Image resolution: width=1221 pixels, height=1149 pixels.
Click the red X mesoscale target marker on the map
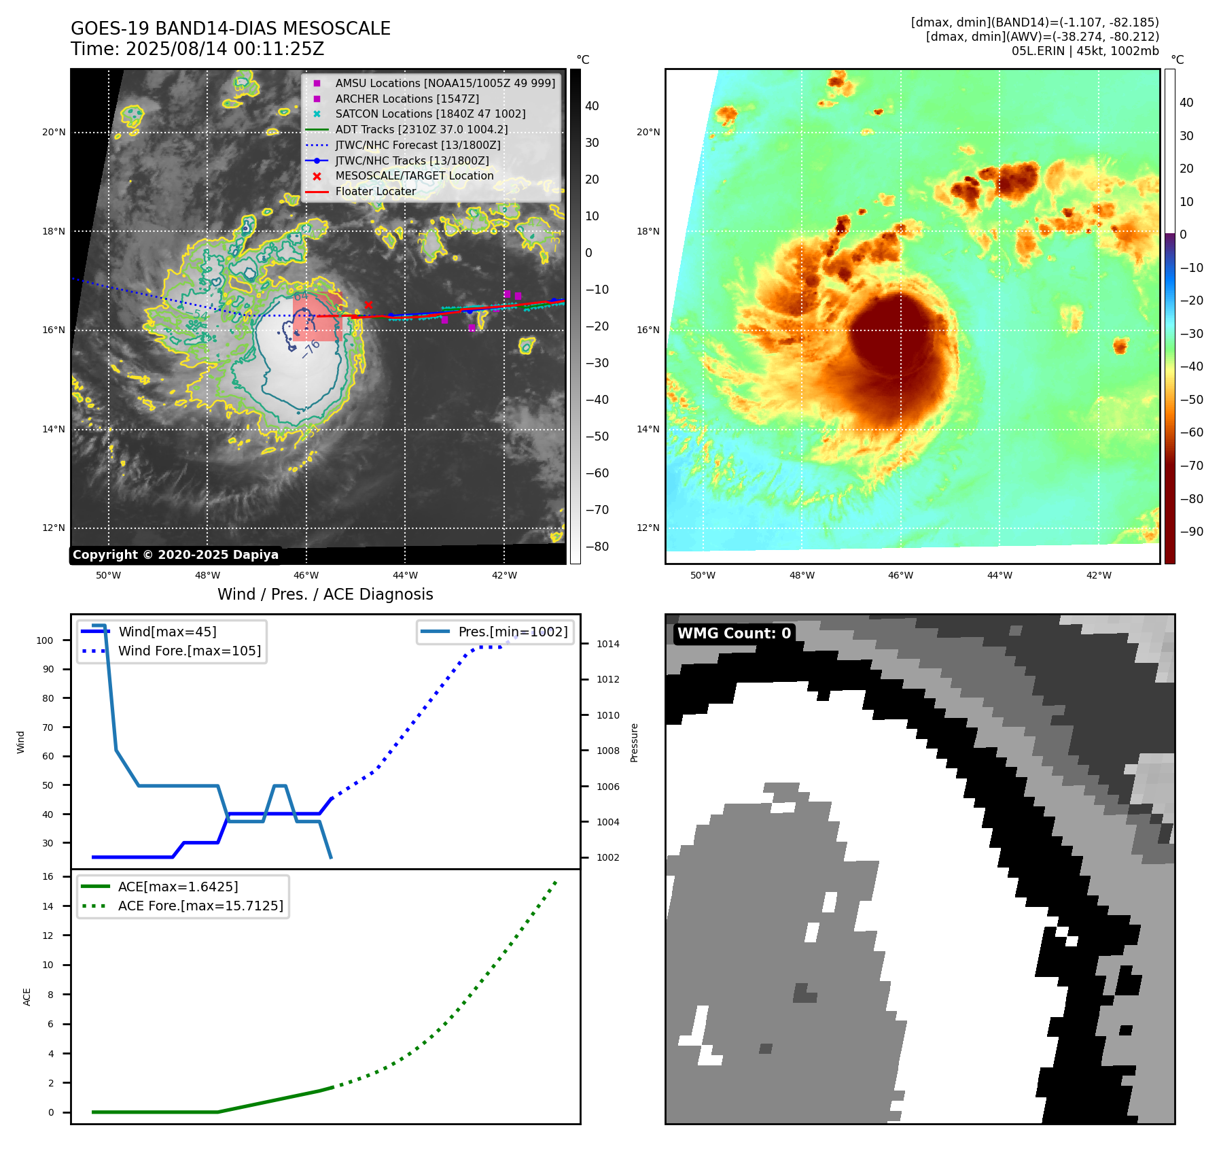pyautogui.click(x=368, y=305)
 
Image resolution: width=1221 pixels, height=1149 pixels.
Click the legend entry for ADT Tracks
pyautogui.click(x=421, y=129)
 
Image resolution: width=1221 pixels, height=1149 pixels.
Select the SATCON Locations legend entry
pyautogui.click(x=430, y=114)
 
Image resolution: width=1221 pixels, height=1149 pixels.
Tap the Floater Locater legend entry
pyautogui.click(x=375, y=191)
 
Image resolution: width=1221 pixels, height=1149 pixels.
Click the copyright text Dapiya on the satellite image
pyautogui.click(x=175, y=555)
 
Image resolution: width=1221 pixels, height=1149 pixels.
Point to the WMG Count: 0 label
pyautogui.click(x=734, y=633)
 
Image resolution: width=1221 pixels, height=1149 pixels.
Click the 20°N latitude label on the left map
pyautogui.click(x=54, y=132)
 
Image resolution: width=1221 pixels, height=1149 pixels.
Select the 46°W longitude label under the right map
pyautogui.click(x=900, y=575)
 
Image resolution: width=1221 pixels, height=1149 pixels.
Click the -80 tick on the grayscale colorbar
pyautogui.click(x=597, y=547)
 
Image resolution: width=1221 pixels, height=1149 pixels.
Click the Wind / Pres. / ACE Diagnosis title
pyautogui.click(x=325, y=594)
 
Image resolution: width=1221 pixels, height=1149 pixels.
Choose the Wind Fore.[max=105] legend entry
pyautogui.click(x=190, y=651)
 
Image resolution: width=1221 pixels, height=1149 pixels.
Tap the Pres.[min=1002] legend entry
pyautogui.click(x=513, y=632)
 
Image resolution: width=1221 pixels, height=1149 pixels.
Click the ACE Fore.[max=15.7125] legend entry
pyautogui.click(x=200, y=906)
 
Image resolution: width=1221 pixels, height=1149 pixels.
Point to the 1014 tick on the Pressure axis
pyautogui.click(x=608, y=644)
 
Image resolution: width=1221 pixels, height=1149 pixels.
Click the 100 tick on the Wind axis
pyautogui.click(x=45, y=640)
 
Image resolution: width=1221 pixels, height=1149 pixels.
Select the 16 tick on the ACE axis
pyautogui.click(x=48, y=876)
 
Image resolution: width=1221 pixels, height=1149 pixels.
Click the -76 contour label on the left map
pyautogui.click(x=311, y=349)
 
